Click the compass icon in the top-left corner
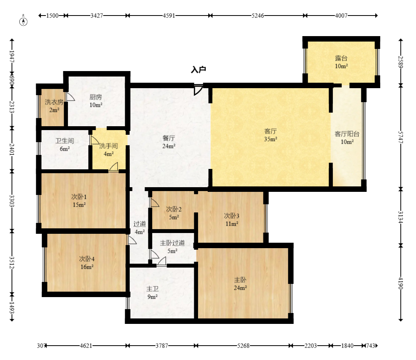pos(23,21)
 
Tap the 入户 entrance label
pos(198,70)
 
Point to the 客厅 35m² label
pos(271,135)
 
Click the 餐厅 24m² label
pos(169,142)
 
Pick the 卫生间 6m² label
pos(65,144)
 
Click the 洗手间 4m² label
pos(108,150)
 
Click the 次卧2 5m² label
pos(174,213)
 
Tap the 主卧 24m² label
pos(240,283)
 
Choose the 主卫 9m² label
pos(153,292)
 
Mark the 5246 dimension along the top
pos(258,16)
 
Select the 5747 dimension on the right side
pos(400,137)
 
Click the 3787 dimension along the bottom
pos(162,346)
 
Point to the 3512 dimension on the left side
pos(12,263)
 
